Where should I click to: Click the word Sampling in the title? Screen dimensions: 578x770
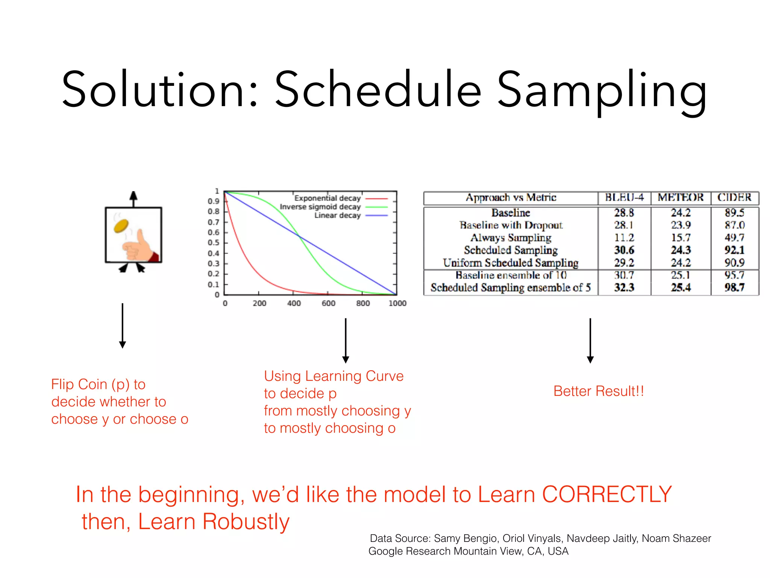coord(602,90)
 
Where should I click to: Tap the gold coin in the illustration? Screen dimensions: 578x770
coord(121,226)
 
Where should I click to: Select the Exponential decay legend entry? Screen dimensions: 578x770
coord(327,198)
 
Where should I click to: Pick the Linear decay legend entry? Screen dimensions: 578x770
coord(337,215)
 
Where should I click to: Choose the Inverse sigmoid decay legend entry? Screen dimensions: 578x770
coord(320,207)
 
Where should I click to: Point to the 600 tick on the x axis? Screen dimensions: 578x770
coord(328,303)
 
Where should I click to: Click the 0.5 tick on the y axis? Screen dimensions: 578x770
coord(213,243)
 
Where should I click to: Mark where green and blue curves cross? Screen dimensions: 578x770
coord(300,236)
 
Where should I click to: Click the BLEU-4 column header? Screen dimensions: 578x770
coord(624,198)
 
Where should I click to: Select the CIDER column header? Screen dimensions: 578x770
coord(734,198)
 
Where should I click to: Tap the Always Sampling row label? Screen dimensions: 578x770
coord(511,238)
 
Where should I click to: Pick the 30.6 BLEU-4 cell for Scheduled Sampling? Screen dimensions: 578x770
coord(624,250)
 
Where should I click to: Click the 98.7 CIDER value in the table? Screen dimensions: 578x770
coord(734,287)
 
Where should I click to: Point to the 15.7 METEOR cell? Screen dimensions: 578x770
coord(681,238)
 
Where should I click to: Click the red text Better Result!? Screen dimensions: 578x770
coord(599,391)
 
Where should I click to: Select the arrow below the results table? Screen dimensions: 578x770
coord(590,341)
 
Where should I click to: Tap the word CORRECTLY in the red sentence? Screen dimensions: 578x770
coord(606,494)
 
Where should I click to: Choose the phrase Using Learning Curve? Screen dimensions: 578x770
coord(333,376)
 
